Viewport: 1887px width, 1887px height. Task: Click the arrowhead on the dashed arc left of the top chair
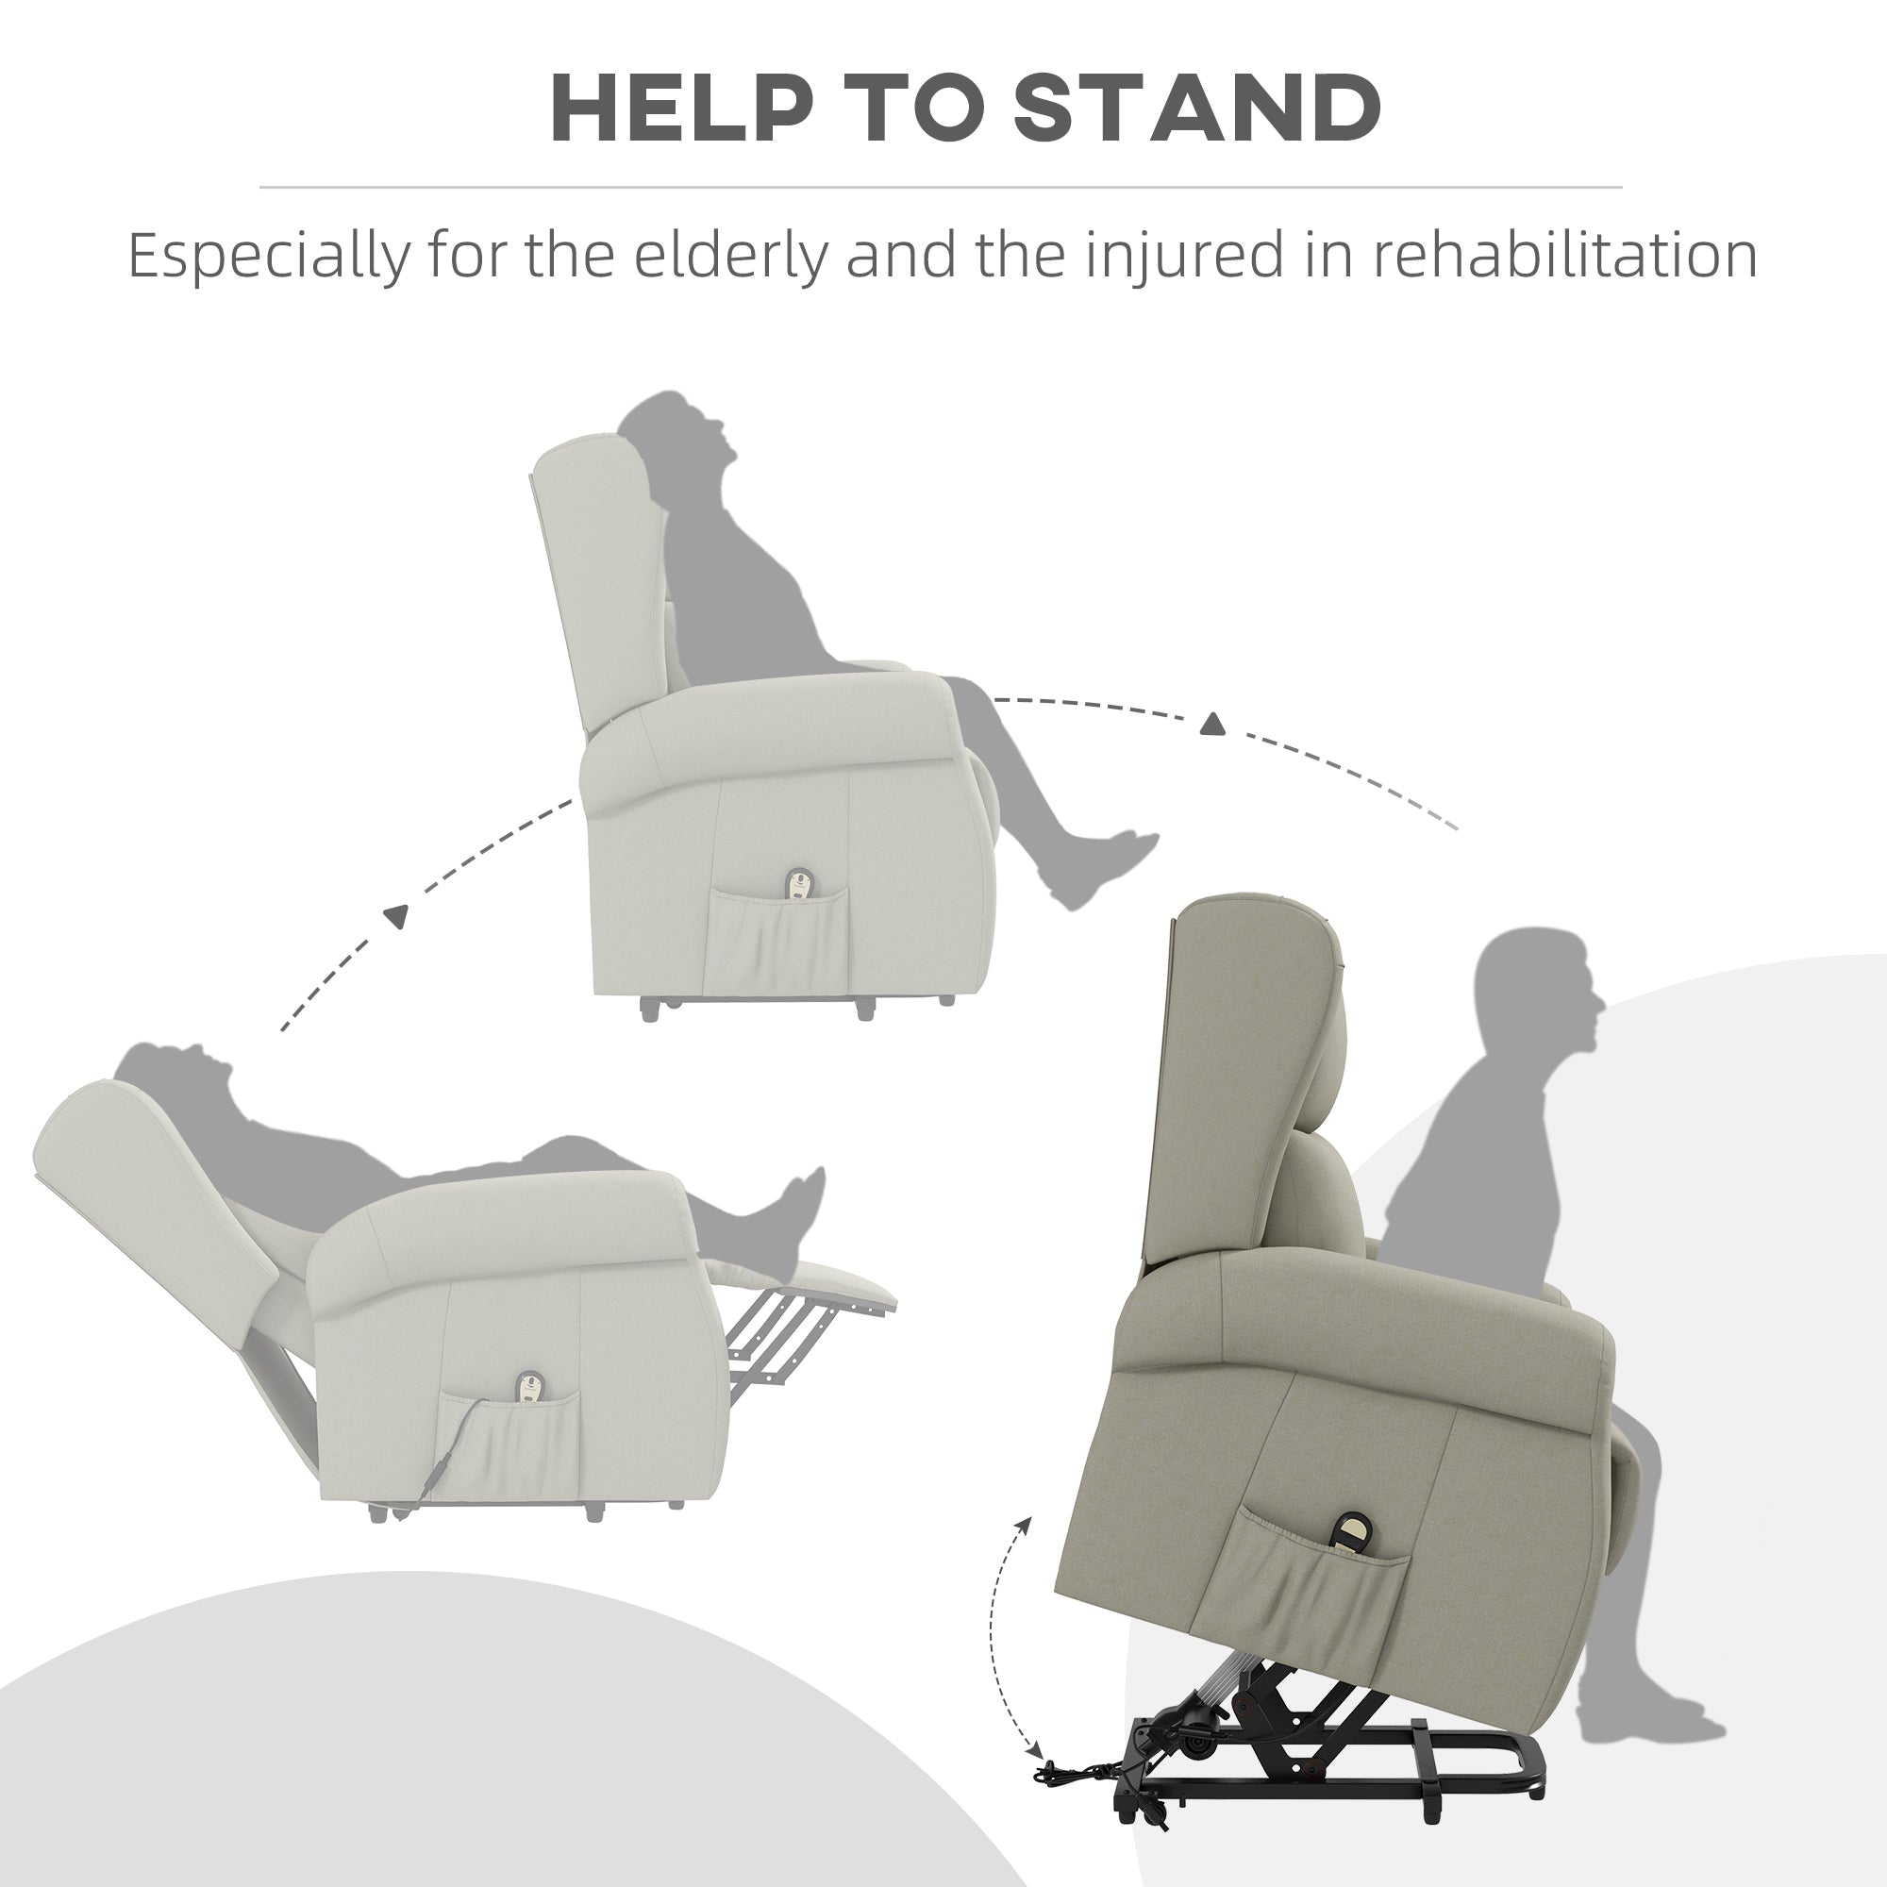(395, 916)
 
